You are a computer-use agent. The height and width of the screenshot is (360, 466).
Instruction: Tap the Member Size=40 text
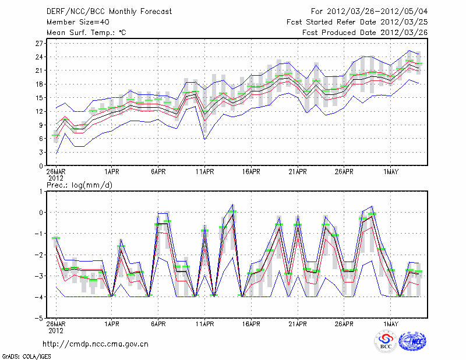click(75, 22)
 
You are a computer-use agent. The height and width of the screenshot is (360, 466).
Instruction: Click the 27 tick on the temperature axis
click(40, 43)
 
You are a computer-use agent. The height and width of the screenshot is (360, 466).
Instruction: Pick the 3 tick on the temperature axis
click(41, 152)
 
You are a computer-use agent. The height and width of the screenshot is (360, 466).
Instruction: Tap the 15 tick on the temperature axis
click(40, 97)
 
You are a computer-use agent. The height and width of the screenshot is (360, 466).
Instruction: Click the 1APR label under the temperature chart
click(112, 172)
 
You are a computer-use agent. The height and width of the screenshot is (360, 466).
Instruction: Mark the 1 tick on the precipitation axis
click(41, 191)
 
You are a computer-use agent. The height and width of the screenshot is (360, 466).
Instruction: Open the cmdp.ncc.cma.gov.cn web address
click(96, 344)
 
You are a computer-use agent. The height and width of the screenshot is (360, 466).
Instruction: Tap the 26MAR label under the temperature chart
click(56, 172)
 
